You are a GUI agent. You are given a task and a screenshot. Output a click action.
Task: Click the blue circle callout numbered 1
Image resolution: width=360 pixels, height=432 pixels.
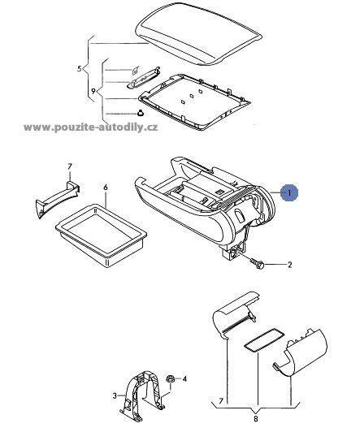(289, 193)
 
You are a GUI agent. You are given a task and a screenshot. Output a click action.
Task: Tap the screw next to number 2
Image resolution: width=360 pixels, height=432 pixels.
(257, 263)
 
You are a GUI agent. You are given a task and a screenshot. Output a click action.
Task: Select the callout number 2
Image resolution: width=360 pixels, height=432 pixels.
(289, 265)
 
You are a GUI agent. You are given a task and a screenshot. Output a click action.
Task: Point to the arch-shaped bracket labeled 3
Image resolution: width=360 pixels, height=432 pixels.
(142, 392)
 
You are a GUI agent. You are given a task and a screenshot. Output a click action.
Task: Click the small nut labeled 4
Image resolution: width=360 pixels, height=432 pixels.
(171, 379)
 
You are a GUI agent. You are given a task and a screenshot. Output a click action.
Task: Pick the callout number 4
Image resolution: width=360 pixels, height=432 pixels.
(184, 379)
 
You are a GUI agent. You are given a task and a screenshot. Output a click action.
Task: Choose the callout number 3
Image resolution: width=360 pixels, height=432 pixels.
(115, 396)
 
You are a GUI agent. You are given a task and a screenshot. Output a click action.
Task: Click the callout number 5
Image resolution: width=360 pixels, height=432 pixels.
(80, 68)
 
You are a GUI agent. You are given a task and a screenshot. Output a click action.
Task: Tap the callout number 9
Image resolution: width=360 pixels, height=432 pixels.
(93, 91)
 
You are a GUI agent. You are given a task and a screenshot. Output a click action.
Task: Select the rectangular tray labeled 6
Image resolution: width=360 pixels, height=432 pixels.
(102, 235)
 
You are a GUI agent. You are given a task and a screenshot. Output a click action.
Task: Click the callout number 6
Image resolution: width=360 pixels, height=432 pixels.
(106, 188)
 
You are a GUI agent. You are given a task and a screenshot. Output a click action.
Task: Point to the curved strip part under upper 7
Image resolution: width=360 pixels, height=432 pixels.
(58, 198)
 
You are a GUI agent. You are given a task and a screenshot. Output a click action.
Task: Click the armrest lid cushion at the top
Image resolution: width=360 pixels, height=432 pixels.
(198, 34)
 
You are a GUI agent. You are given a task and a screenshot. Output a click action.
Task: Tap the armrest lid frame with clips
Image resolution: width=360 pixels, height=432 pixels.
(194, 102)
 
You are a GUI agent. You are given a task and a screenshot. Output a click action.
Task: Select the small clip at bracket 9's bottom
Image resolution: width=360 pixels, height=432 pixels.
(141, 113)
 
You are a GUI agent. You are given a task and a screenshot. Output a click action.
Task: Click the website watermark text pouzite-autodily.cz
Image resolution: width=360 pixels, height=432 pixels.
(91, 127)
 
